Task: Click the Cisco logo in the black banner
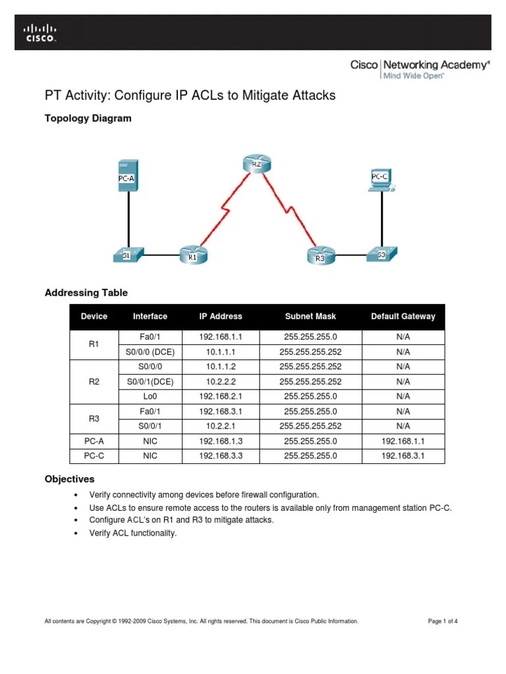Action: click(x=40, y=32)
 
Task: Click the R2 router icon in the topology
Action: click(x=256, y=163)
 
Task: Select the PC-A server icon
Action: click(x=128, y=176)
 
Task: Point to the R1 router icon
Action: click(x=192, y=254)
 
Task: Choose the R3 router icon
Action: click(x=320, y=255)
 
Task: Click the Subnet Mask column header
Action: click(x=310, y=317)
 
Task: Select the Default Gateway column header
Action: click(x=403, y=317)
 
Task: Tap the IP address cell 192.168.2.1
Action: click(x=221, y=396)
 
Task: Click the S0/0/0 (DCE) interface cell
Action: click(x=150, y=351)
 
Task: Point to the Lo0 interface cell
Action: click(x=150, y=396)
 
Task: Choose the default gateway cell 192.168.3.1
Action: click(x=403, y=455)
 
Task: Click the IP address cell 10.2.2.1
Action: click(x=221, y=426)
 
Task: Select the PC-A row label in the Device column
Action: click(x=94, y=440)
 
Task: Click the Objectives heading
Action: click(x=69, y=479)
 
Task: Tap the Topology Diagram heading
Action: click(x=88, y=118)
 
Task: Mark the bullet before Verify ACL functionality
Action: click(x=77, y=534)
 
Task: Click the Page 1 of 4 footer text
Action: click(x=443, y=621)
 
